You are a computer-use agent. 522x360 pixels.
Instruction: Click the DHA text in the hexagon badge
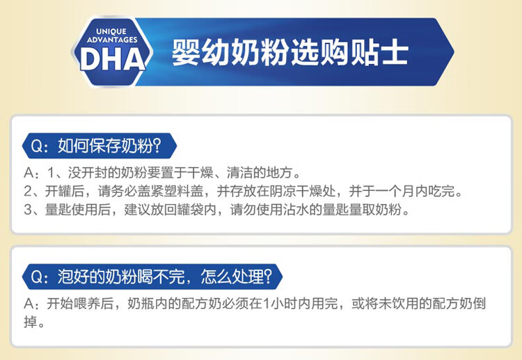tap(113, 59)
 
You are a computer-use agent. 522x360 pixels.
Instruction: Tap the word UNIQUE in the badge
tap(111, 31)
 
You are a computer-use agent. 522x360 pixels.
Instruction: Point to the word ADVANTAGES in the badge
tap(112, 40)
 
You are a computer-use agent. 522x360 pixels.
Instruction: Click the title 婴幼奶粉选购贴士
tap(290, 52)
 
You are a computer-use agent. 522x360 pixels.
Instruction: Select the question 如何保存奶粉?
tap(109, 146)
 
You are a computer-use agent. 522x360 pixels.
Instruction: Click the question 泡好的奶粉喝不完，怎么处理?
tap(165, 276)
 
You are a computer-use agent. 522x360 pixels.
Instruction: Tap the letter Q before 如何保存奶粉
tap(37, 146)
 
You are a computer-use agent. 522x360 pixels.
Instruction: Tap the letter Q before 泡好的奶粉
tap(37, 276)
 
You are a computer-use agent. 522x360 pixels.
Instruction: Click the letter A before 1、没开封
tap(29, 173)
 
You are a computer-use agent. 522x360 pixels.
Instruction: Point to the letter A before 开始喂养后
tap(29, 304)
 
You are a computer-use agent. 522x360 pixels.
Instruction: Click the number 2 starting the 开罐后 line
tap(28, 191)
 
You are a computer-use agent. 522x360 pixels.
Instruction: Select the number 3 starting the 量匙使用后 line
tap(28, 210)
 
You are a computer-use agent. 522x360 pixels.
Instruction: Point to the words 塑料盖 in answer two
tap(184, 191)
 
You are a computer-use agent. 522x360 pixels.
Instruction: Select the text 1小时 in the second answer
tap(280, 304)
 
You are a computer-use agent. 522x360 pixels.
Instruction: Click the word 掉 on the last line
tap(31, 322)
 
